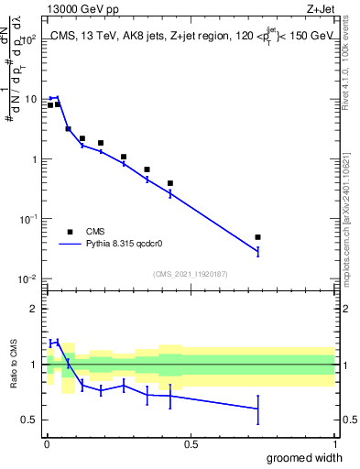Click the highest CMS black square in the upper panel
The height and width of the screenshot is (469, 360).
(58, 104)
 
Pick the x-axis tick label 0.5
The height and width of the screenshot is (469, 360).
(190, 444)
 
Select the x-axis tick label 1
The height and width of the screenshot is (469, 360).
(334, 444)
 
